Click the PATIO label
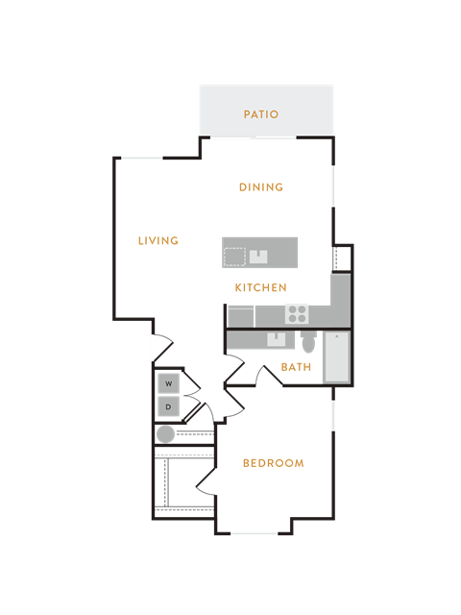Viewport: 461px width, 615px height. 261,114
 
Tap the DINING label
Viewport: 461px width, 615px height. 261,187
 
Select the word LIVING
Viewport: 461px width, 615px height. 158,240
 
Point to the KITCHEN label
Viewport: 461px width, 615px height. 261,287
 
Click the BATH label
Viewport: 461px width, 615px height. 297,367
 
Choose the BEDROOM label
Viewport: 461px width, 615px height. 274,463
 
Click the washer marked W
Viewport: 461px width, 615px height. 169,383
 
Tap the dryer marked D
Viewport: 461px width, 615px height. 169,406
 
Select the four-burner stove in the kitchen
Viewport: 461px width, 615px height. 297,314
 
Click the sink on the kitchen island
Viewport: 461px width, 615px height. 258,257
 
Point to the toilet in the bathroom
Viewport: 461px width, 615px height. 309,342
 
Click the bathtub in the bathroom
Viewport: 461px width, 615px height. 336,357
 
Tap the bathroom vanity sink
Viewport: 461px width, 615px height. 276,339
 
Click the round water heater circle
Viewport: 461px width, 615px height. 165,434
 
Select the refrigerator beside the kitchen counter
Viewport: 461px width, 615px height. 241,316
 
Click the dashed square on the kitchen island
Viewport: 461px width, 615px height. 234,258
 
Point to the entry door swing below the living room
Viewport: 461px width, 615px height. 163,347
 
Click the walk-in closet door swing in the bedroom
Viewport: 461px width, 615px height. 206,481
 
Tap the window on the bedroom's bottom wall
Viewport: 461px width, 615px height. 254,533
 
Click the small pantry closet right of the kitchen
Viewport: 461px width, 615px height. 342,258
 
